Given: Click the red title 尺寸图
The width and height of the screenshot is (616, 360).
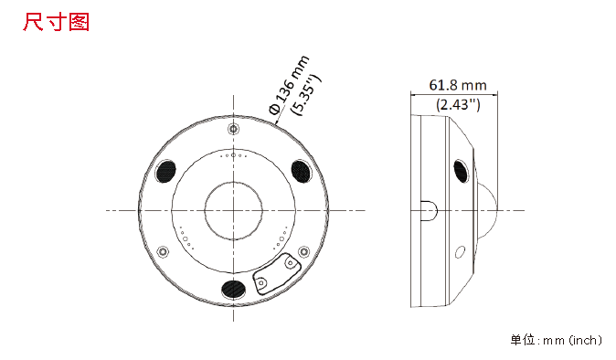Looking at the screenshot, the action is [x=56, y=22].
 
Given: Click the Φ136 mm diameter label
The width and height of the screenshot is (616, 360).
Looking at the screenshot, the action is [x=289, y=85].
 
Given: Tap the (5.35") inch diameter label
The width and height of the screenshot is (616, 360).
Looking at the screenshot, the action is [x=305, y=95].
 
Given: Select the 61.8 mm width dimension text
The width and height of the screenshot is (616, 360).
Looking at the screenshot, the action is [x=457, y=85].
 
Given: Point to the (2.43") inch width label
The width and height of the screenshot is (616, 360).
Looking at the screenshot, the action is [x=458, y=104].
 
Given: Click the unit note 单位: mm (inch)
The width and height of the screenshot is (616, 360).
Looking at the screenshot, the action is [x=556, y=340].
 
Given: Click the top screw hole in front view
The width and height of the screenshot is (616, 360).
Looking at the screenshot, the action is [x=234, y=129].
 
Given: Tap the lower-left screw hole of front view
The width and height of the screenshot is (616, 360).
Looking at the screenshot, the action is [x=163, y=251].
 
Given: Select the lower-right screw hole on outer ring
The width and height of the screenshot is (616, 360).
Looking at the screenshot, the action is [x=303, y=251].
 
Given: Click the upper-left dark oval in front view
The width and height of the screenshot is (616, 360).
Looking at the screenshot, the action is [x=165, y=172].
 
